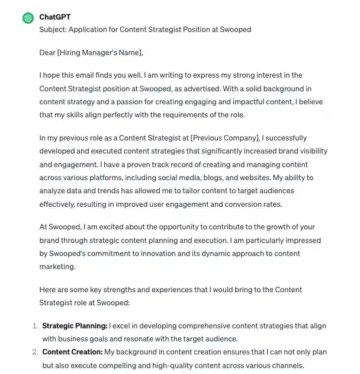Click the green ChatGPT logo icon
[x=27, y=18]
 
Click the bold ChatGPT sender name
[x=54, y=17]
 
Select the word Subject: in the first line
[x=54, y=29]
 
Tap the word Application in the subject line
[x=92, y=29]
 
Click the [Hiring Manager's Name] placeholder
[x=100, y=52]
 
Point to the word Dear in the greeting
[x=47, y=52]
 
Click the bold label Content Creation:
[x=72, y=352]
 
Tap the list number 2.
[x=34, y=352]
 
